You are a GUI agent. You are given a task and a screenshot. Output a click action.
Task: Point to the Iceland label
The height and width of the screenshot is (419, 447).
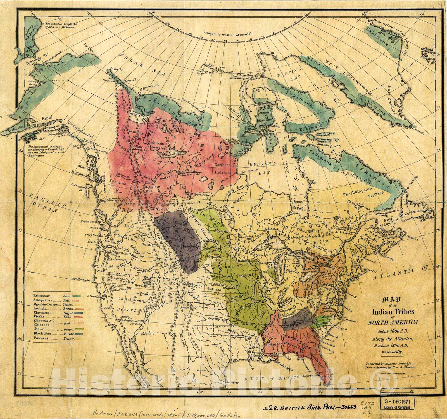pos(427,50)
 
